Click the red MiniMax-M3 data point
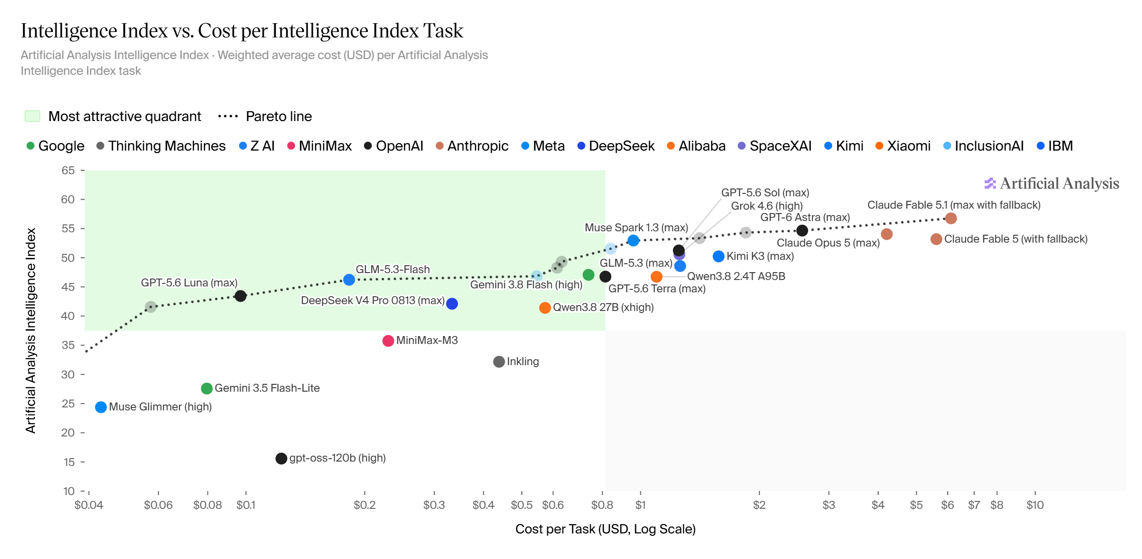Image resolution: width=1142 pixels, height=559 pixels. [x=388, y=341]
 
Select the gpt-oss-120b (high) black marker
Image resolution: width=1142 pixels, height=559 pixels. [x=281, y=459]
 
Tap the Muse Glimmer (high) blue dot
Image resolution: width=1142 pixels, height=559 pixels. [x=101, y=407]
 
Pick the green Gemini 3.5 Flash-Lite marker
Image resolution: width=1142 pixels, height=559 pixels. [x=207, y=389]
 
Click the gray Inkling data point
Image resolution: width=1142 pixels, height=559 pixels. [x=499, y=362]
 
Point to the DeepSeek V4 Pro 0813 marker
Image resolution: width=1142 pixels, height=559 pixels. [x=452, y=304]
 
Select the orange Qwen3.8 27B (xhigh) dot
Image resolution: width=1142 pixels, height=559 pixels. [x=545, y=308]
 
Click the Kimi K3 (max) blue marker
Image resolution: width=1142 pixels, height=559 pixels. [x=719, y=256]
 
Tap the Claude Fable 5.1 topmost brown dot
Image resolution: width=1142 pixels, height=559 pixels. [x=951, y=218]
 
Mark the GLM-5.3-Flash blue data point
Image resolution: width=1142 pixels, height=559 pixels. [x=349, y=279]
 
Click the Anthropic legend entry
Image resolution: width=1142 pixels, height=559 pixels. [x=472, y=146]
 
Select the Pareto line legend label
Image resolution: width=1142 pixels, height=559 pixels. [x=279, y=117]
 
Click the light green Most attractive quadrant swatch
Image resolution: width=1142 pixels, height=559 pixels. [x=32, y=116]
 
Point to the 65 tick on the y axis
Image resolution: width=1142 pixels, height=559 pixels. [x=68, y=171]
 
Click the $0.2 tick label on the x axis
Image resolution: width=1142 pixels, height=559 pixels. [x=364, y=505]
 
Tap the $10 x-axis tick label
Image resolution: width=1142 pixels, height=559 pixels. [x=1035, y=505]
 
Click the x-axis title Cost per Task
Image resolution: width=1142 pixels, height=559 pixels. [x=605, y=529]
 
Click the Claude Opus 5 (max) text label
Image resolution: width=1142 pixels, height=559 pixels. [x=828, y=243]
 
